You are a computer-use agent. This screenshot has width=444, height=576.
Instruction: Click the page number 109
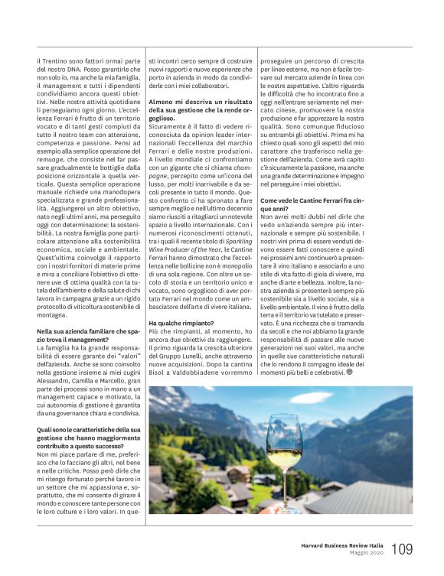403,548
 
